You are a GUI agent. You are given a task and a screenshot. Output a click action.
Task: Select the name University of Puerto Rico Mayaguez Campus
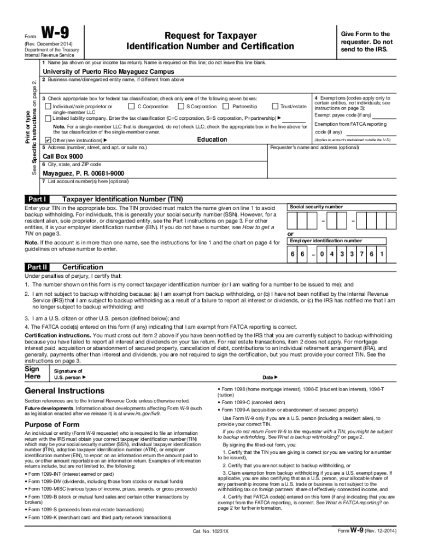click(109, 72)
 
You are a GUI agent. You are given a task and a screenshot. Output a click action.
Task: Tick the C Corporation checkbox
click(131, 107)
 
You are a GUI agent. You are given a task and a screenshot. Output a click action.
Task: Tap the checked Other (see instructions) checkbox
click(48, 141)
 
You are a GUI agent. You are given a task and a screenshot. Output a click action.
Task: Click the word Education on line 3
click(212, 139)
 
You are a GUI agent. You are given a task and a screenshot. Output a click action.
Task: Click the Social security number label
click(316, 207)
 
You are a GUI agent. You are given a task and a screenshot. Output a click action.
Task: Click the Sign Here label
click(32, 372)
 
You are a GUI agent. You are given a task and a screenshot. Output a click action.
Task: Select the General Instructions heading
click(65, 391)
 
